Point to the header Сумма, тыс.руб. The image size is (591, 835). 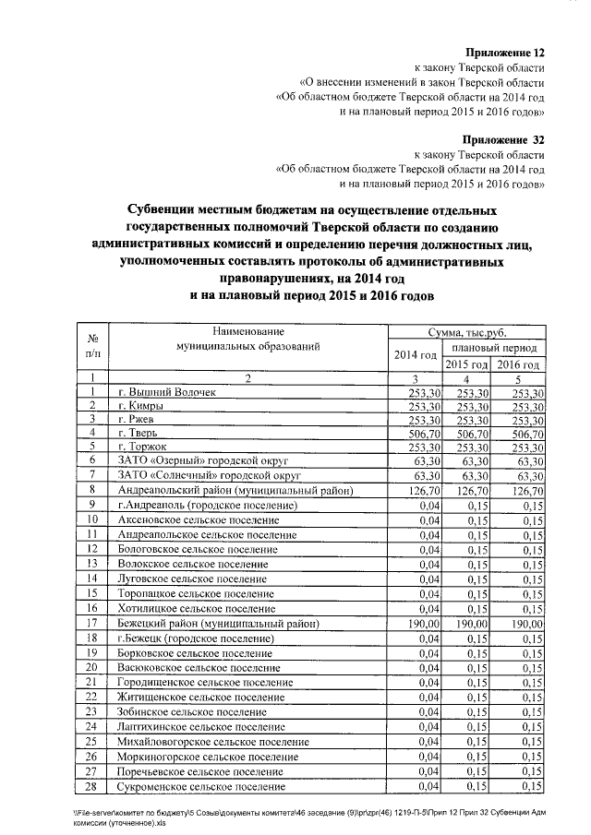click(467, 332)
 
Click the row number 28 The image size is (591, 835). click(91, 785)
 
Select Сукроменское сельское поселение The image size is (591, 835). click(202, 786)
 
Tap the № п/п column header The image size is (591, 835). click(92, 345)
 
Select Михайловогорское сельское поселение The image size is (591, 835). click(213, 742)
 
